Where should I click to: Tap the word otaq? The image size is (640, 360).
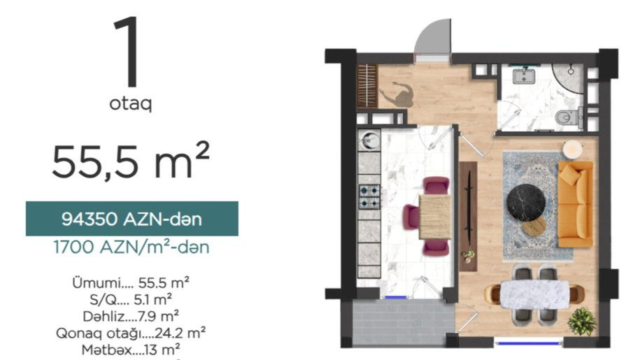coord(130,103)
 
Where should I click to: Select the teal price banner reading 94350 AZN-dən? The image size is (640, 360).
coord(131,219)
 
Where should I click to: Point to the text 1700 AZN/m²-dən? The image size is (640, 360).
coord(131,247)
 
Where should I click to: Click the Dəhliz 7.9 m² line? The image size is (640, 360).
coord(131,316)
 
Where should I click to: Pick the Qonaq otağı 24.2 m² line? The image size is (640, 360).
coord(131,333)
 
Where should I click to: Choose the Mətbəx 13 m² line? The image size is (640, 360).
coord(131,350)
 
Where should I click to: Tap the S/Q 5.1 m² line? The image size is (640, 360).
coord(131,300)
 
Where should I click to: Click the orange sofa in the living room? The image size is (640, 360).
coord(575,204)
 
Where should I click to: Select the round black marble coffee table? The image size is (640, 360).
coord(526,203)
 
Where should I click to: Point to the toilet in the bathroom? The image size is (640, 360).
coord(569,117)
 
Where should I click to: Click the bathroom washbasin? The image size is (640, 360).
coord(524,75)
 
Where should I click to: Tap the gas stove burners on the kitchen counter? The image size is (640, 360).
coord(369,196)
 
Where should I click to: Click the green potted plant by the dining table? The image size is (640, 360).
coord(582,322)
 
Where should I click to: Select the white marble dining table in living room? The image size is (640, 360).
coord(534,294)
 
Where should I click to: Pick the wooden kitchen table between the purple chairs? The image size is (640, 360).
coord(435,217)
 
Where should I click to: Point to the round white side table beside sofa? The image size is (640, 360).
coord(572,150)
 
